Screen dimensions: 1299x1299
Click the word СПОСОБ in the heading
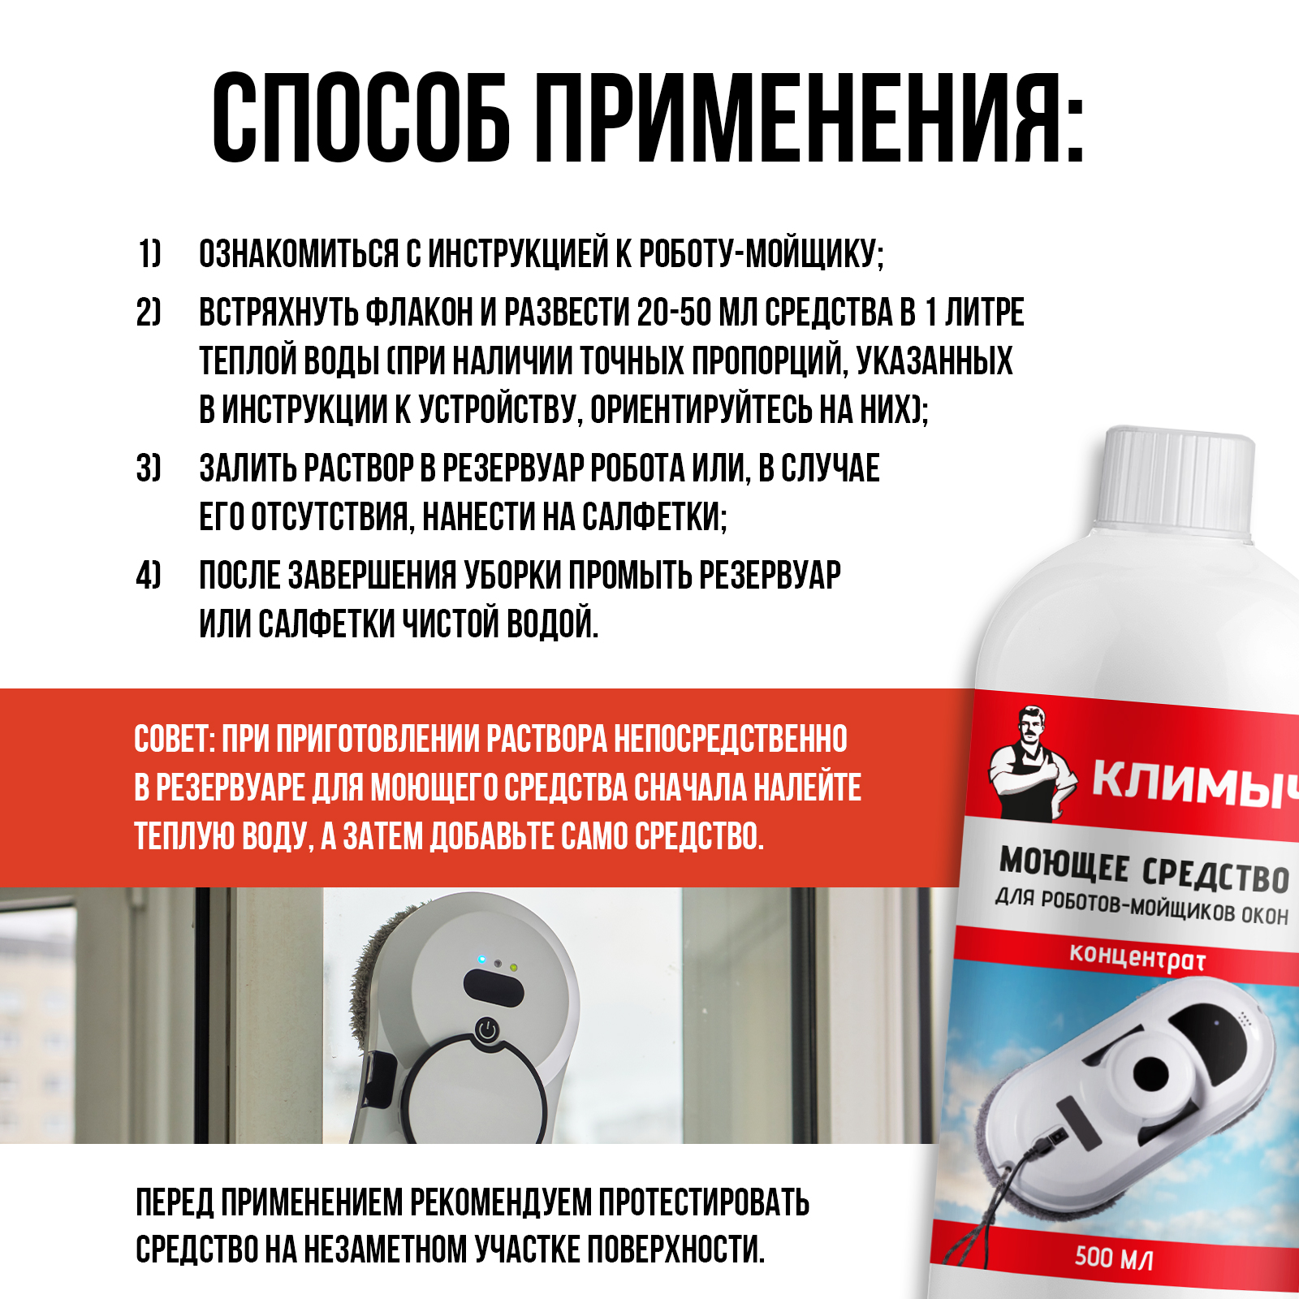tap(361, 118)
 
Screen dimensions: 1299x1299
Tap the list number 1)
tap(149, 254)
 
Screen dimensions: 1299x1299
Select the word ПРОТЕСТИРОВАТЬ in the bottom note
tap(704, 1202)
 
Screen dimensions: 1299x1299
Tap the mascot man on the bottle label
tap(1029, 763)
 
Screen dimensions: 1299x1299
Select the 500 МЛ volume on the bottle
tap(1114, 1258)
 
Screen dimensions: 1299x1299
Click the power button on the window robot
tap(486, 1030)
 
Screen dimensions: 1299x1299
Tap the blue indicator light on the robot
tap(481, 960)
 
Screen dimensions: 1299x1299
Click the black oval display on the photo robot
tap(494, 988)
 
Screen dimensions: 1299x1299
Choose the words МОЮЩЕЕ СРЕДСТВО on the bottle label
tap(1143, 870)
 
